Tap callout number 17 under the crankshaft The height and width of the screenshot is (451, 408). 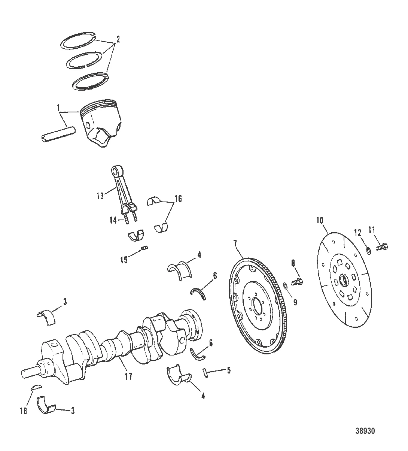[128, 376]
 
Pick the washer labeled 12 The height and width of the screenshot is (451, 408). [368, 250]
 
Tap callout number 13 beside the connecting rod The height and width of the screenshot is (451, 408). [100, 196]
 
